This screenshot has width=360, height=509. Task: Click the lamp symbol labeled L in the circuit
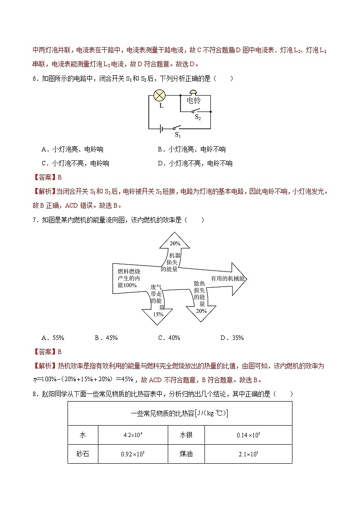click(x=160, y=95)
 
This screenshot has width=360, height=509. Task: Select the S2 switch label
click(x=198, y=117)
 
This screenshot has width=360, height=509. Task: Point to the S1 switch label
click(x=178, y=135)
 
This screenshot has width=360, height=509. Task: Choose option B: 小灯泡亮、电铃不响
click(x=192, y=149)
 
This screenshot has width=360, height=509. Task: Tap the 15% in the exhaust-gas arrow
click(x=158, y=314)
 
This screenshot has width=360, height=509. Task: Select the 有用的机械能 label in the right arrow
click(x=227, y=279)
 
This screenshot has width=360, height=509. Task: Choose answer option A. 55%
click(x=53, y=338)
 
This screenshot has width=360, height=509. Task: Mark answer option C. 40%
click(x=169, y=338)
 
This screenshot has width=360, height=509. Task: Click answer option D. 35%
click(x=232, y=338)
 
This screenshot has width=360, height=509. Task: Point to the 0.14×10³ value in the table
click(x=248, y=435)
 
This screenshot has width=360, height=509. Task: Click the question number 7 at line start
click(x=34, y=220)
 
